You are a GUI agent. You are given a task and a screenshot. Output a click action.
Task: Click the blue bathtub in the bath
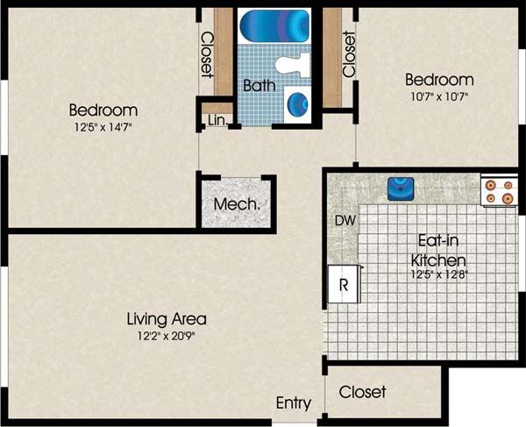(274, 25)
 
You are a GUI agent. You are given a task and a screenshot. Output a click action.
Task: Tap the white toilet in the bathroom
(293, 65)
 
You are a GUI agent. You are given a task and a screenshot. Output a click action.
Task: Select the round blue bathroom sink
(297, 104)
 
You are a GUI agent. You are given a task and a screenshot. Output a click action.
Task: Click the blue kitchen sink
(401, 189)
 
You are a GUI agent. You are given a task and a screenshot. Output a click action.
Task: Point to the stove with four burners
(499, 191)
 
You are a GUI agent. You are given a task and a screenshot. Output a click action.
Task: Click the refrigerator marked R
(344, 284)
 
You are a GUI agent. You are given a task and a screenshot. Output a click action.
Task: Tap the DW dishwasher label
(345, 221)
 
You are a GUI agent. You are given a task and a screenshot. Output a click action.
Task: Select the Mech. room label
(237, 204)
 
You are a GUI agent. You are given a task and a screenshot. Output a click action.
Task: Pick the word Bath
(259, 85)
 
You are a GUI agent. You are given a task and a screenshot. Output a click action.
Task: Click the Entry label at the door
(294, 403)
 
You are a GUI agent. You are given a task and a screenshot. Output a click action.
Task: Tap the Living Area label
(167, 319)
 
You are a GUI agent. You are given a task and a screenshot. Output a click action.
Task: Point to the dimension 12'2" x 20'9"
(167, 336)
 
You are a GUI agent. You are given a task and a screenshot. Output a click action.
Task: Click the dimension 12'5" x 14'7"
(103, 127)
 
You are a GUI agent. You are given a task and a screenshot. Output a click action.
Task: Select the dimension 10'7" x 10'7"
(439, 97)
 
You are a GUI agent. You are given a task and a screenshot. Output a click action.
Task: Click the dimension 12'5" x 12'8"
(439, 274)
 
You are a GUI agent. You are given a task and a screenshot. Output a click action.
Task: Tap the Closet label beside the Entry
(362, 392)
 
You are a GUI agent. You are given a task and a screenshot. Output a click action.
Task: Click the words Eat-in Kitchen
(438, 250)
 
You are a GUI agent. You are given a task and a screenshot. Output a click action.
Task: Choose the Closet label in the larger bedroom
(207, 55)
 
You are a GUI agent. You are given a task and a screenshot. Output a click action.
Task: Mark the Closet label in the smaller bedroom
(349, 54)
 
